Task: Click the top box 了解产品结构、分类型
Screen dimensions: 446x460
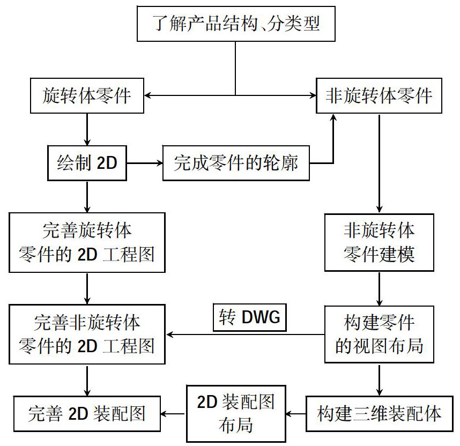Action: point(236,25)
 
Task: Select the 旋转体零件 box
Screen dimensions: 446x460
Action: point(86,96)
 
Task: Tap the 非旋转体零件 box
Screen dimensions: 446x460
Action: point(379,96)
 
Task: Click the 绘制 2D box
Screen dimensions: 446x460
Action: point(87,162)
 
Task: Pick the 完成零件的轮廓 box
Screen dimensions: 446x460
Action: point(236,162)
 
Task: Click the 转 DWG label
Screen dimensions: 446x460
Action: point(250,318)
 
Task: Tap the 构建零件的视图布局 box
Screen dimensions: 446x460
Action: point(379,334)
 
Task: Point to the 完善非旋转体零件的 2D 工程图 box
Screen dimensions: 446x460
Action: point(87,334)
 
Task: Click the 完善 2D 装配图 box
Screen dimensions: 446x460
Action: point(87,413)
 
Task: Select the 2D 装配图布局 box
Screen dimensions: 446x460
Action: point(235,413)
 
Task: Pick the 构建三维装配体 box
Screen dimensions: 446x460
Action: point(379,413)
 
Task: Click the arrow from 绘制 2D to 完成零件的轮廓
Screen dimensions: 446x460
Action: point(145,162)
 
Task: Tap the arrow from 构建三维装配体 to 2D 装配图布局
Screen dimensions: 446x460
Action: point(295,413)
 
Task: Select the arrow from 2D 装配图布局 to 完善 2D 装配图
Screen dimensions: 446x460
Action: point(173,413)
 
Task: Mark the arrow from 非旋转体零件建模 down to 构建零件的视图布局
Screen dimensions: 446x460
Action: point(379,289)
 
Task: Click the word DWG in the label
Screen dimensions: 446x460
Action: point(261,318)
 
